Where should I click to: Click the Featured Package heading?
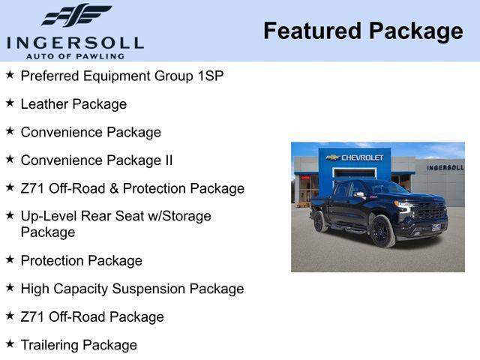[x=363, y=31]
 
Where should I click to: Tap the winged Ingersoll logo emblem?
[x=76, y=15]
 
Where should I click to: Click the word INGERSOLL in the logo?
[x=75, y=42]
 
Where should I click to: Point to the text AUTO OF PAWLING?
[x=75, y=56]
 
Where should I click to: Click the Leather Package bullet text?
[x=73, y=104]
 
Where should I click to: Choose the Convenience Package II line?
[x=97, y=160]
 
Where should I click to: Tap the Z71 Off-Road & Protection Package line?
[x=132, y=188]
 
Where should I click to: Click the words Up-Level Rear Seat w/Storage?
[x=115, y=216]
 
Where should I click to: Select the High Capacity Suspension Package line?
[x=132, y=289]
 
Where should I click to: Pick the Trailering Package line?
[x=79, y=345]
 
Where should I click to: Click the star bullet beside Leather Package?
[x=10, y=103]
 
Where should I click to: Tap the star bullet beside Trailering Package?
[x=10, y=343]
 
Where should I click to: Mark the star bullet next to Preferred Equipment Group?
[x=10, y=74]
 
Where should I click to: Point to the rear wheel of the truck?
[x=319, y=221]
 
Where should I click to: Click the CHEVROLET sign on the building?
[x=355, y=157]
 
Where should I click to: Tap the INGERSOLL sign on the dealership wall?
[x=445, y=167]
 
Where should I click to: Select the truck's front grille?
[x=429, y=212]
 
